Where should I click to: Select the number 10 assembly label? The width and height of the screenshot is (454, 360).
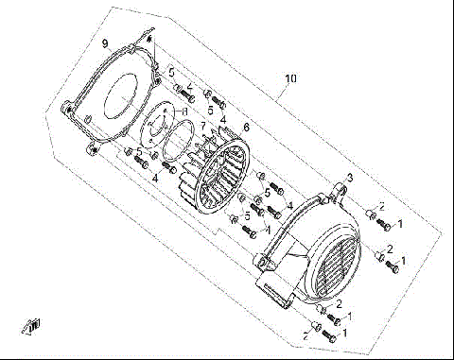coord(290,79)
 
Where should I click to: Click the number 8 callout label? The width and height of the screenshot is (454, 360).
coord(184,112)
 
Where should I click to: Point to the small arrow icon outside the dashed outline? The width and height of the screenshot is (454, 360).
coord(34,326)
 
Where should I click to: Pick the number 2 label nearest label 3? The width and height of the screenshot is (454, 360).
coord(380,206)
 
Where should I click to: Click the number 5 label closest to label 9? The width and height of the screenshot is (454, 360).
coord(171,72)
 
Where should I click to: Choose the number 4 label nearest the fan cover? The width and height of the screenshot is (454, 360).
coord(289,206)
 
